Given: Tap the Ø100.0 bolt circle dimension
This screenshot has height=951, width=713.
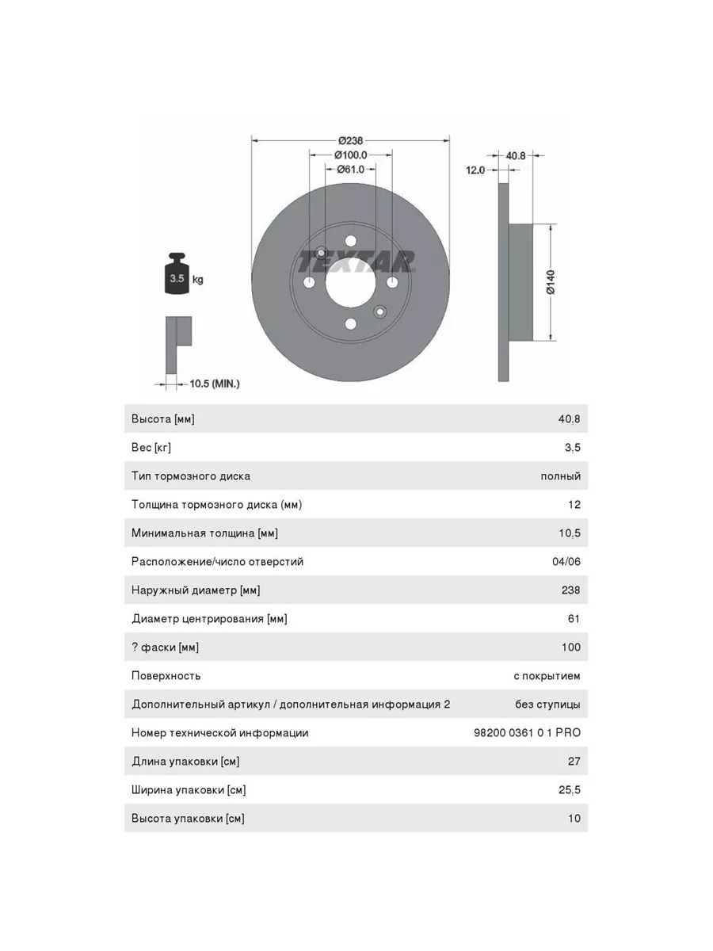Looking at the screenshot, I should pos(350,155).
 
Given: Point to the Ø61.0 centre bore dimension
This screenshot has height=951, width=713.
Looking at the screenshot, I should pos(350,169).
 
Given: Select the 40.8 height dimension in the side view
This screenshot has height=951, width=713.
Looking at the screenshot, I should pos(516,155).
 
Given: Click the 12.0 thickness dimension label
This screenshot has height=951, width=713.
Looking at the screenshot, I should pos(475,170).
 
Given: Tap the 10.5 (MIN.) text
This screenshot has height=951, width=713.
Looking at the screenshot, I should pos(214,384).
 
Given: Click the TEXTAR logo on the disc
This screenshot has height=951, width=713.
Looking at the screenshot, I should pos(356,262).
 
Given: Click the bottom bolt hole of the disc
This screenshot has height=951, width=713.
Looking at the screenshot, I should pos(350,323).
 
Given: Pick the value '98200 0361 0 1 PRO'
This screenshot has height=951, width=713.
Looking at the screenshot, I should pos(527,733).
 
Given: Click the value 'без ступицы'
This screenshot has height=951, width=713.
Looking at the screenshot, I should pos(547,705).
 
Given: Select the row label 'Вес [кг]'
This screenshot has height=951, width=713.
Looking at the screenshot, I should pos(151,448).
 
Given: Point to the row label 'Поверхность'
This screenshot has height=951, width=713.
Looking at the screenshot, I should pos(166,676).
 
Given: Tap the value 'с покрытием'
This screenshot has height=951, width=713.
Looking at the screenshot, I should pos(547,676).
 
